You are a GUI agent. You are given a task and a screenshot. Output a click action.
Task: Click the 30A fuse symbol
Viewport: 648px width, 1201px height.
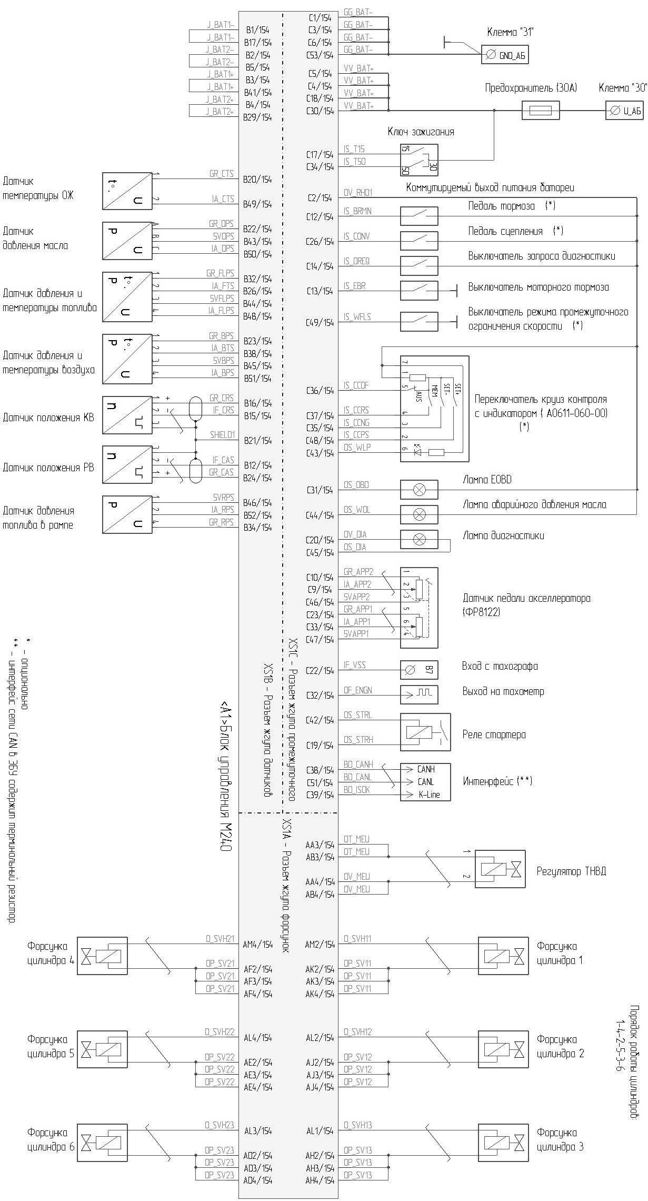click(x=540, y=111)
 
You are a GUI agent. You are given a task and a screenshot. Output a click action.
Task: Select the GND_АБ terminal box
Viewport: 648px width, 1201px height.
click(x=504, y=55)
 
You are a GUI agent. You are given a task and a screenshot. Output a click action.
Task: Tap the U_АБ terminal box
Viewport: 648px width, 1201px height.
click(x=624, y=111)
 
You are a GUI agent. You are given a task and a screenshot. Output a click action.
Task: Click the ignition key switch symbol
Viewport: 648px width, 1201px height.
click(x=418, y=160)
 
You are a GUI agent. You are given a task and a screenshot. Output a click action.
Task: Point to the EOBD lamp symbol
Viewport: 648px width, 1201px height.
click(x=419, y=490)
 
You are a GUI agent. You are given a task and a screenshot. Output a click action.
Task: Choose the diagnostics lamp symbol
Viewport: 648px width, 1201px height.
click(x=419, y=539)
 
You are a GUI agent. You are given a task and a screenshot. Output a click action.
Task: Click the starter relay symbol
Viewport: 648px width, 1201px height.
click(x=425, y=732)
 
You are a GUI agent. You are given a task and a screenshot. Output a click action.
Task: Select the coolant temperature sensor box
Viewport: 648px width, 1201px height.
click(x=127, y=191)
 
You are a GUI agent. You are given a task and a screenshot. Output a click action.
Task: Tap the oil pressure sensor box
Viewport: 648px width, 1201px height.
click(x=127, y=241)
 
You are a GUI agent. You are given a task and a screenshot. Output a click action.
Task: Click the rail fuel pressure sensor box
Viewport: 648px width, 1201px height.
click(x=127, y=514)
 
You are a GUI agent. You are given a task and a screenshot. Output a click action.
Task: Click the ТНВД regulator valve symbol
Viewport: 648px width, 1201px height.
click(x=500, y=869)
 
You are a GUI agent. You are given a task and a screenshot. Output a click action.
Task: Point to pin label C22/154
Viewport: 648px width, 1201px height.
click(x=320, y=671)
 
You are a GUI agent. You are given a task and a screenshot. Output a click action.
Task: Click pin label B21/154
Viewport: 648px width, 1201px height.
click(x=257, y=441)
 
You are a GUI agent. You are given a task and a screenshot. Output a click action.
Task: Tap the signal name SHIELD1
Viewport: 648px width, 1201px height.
click(x=222, y=435)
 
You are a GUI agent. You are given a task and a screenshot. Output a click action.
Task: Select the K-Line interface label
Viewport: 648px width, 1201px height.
click(x=429, y=795)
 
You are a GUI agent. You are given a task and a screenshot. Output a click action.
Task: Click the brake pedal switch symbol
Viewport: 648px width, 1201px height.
click(x=419, y=216)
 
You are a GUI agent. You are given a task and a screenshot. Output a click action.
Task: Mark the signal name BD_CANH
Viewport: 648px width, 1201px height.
click(x=358, y=765)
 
